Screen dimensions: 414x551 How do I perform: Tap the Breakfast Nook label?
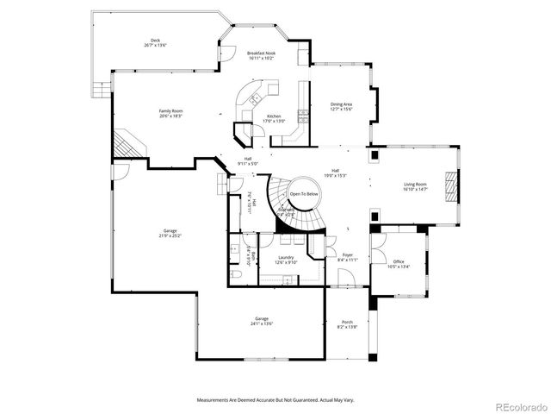pyautogui.click(x=261, y=56)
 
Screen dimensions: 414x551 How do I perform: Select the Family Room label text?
pyautogui.click(x=170, y=113)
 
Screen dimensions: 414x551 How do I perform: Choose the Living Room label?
pyautogui.click(x=416, y=186)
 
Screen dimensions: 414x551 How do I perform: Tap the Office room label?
pyautogui.click(x=398, y=264)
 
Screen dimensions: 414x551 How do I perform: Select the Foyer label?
pyautogui.click(x=348, y=257)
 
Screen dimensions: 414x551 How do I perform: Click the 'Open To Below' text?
pyautogui.click(x=304, y=195)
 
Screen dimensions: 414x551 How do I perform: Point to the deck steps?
pyautogui.click(x=102, y=88)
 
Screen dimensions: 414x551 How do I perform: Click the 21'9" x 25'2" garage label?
pyautogui.click(x=170, y=233)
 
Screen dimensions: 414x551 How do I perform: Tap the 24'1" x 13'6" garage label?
pyautogui.click(x=262, y=322)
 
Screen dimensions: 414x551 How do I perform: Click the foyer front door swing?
pyautogui.click(x=344, y=278)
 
